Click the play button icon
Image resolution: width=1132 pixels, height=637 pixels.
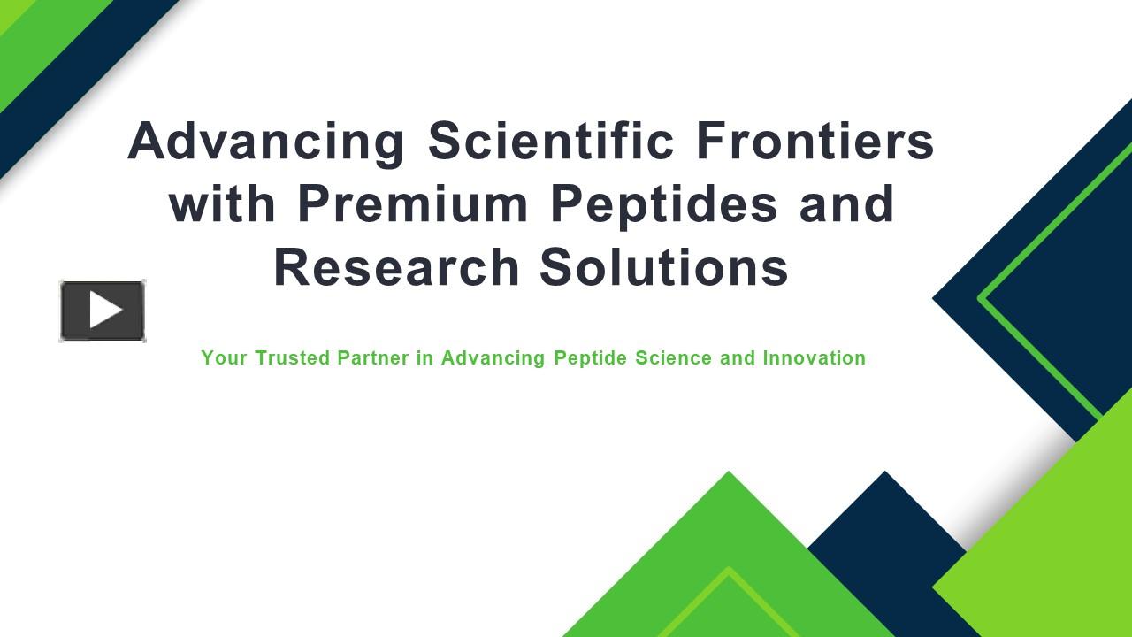(103, 311)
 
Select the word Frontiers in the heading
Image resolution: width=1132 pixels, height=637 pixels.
(815, 141)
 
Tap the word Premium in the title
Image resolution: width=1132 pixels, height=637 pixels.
(412, 203)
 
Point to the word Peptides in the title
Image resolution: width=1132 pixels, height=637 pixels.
(664, 203)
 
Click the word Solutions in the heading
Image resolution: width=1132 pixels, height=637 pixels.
(664, 267)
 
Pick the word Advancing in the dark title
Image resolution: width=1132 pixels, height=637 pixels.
(266, 141)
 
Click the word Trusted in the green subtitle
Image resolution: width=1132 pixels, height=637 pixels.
(293, 358)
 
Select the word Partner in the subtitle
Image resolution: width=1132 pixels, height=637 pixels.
(373, 358)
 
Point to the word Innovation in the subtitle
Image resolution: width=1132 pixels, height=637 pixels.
(814, 358)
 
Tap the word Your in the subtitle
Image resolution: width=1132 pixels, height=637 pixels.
(224, 358)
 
